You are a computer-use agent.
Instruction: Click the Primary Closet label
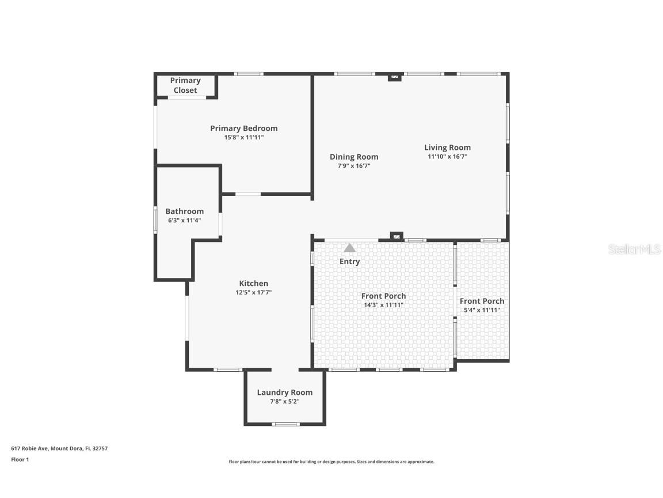point(185,85)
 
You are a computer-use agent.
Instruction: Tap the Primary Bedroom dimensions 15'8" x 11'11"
point(243,137)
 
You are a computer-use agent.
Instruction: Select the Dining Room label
point(354,157)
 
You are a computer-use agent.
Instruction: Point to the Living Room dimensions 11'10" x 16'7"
point(447,156)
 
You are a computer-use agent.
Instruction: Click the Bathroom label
point(184,212)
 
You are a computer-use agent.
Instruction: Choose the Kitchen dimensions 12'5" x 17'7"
point(253,292)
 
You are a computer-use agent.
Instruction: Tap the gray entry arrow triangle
point(349,248)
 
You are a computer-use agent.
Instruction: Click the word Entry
point(349,261)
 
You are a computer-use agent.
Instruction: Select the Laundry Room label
point(284,393)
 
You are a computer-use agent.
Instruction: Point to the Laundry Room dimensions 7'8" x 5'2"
point(284,401)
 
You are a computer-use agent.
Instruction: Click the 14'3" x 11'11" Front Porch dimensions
point(383,305)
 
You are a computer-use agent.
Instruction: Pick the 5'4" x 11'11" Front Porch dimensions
point(482,310)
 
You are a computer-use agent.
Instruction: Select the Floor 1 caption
point(20,459)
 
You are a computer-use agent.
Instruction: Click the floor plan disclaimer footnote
point(331,462)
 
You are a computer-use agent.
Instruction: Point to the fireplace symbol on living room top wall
point(394,76)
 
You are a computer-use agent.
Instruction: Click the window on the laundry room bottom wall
point(285,424)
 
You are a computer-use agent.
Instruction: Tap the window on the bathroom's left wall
point(155,220)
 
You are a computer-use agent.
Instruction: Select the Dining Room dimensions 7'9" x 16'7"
point(353,165)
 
